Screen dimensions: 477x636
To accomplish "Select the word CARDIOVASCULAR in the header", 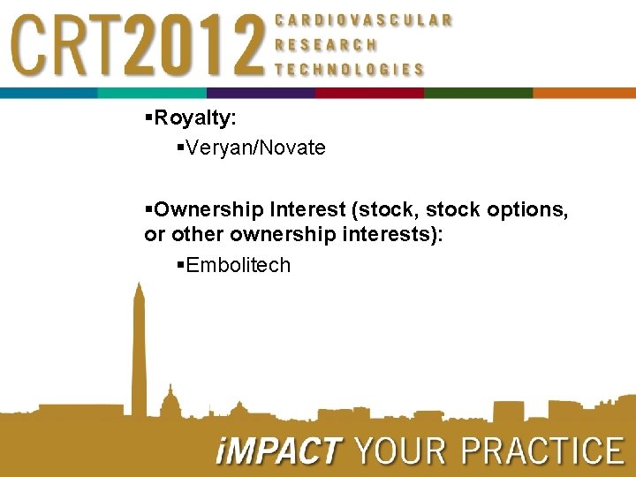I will (364, 19).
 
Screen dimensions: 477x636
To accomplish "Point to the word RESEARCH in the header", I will (326, 44).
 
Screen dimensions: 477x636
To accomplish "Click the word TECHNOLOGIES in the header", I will (349, 69).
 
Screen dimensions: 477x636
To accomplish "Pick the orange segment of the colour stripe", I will (584, 93).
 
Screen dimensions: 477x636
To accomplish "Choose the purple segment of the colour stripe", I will (261, 93).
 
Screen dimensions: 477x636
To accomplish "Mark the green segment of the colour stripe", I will (478, 93).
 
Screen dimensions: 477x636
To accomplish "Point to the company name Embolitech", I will (238, 265).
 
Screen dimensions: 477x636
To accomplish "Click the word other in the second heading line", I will (195, 235).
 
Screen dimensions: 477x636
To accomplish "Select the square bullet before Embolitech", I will (180, 264).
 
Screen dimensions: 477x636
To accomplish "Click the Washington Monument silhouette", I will (138, 353).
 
